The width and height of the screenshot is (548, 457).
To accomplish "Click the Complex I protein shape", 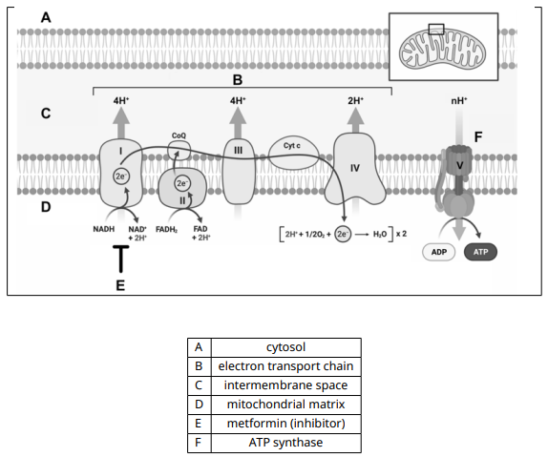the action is tap(121, 173).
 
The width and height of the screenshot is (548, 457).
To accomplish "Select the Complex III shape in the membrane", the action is tap(239, 171).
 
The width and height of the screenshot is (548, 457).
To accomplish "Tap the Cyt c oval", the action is tap(294, 153).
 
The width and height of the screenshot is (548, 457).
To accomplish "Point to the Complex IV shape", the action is tap(355, 169).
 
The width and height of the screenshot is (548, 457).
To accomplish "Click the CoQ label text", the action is tap(179, 135).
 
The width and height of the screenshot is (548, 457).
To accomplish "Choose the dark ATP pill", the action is tap(480, 252).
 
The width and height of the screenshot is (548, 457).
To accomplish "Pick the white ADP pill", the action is tap(439, 252).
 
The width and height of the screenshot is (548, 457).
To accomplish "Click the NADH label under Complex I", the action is tap(104, 229).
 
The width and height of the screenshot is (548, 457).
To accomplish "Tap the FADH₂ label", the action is tap(167, 230).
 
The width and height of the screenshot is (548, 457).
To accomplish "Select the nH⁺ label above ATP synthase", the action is tap(459, 101).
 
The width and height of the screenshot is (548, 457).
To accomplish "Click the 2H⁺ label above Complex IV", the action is tap(355, 100).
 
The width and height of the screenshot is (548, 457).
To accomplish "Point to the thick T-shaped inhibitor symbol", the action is tap(121, 259).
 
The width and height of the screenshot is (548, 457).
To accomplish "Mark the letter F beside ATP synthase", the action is tap(478, 137).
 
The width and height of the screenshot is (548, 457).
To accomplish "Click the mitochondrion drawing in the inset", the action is tap(442, 49).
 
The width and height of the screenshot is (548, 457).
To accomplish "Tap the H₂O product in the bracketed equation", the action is tap(380, 234).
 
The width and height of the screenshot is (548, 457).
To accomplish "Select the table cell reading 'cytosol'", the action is tap(285, 347).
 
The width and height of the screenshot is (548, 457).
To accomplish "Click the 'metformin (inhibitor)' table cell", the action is tap(285, 424).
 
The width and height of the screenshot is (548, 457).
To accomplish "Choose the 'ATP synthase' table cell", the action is tap(285, 443).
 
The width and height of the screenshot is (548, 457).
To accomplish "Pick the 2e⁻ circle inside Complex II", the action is tap(182, 183).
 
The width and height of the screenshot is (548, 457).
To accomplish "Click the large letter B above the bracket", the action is tap(238, 80).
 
